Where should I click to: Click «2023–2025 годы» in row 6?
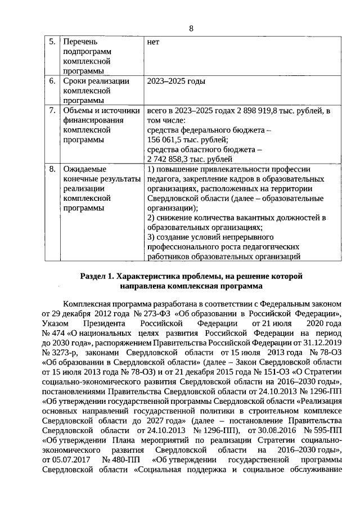click(175, 81)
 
